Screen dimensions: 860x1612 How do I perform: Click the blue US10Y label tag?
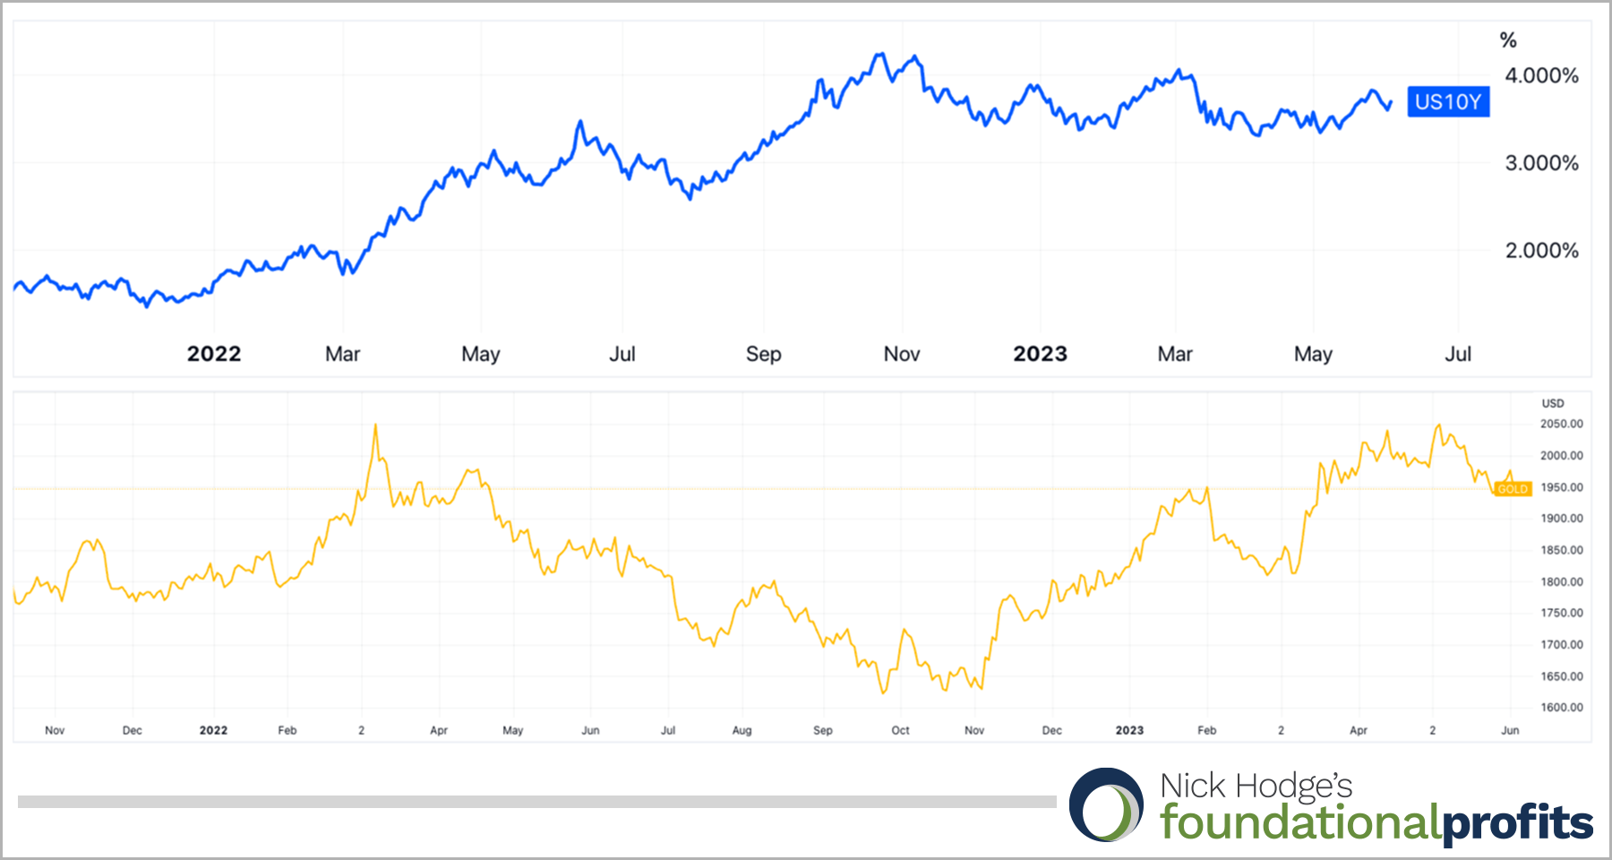[x=1448, y=102]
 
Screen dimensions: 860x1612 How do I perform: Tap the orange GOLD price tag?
[x=1513, y=489]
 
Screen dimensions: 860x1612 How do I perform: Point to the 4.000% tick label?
[x=1541, y=76]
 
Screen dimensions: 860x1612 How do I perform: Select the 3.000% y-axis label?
[x=1541, y=163]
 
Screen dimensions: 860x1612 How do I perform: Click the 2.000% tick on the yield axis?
[x=1541, y=251]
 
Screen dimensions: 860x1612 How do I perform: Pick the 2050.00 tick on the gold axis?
[x=1561, y=424]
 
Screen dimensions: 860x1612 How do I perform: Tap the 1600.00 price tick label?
[x=1561, y=708]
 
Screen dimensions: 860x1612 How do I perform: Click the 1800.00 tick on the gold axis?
[x=1561, y=582]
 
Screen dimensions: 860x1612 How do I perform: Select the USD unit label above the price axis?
[x=1553, y=404]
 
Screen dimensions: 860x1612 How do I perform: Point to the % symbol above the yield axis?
[x=1508, y=40]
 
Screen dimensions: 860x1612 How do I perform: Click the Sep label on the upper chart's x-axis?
[x=763, y=355]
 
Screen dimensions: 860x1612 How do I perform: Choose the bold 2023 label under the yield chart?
[x=1040, y=355]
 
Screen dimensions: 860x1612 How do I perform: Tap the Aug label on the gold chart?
[x=742, y=731]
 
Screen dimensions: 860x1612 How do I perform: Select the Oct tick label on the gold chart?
[x=900, y=731]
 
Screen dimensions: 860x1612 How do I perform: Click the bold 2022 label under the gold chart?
[x=213, y=731]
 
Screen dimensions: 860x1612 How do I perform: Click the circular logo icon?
[x=1107, y=804]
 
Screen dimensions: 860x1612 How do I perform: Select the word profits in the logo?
[x=1518, y=822]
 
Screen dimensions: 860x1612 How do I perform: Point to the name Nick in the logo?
[x=1192, y=786]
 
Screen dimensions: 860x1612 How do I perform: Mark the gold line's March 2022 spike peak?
[x=375, y=426]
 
